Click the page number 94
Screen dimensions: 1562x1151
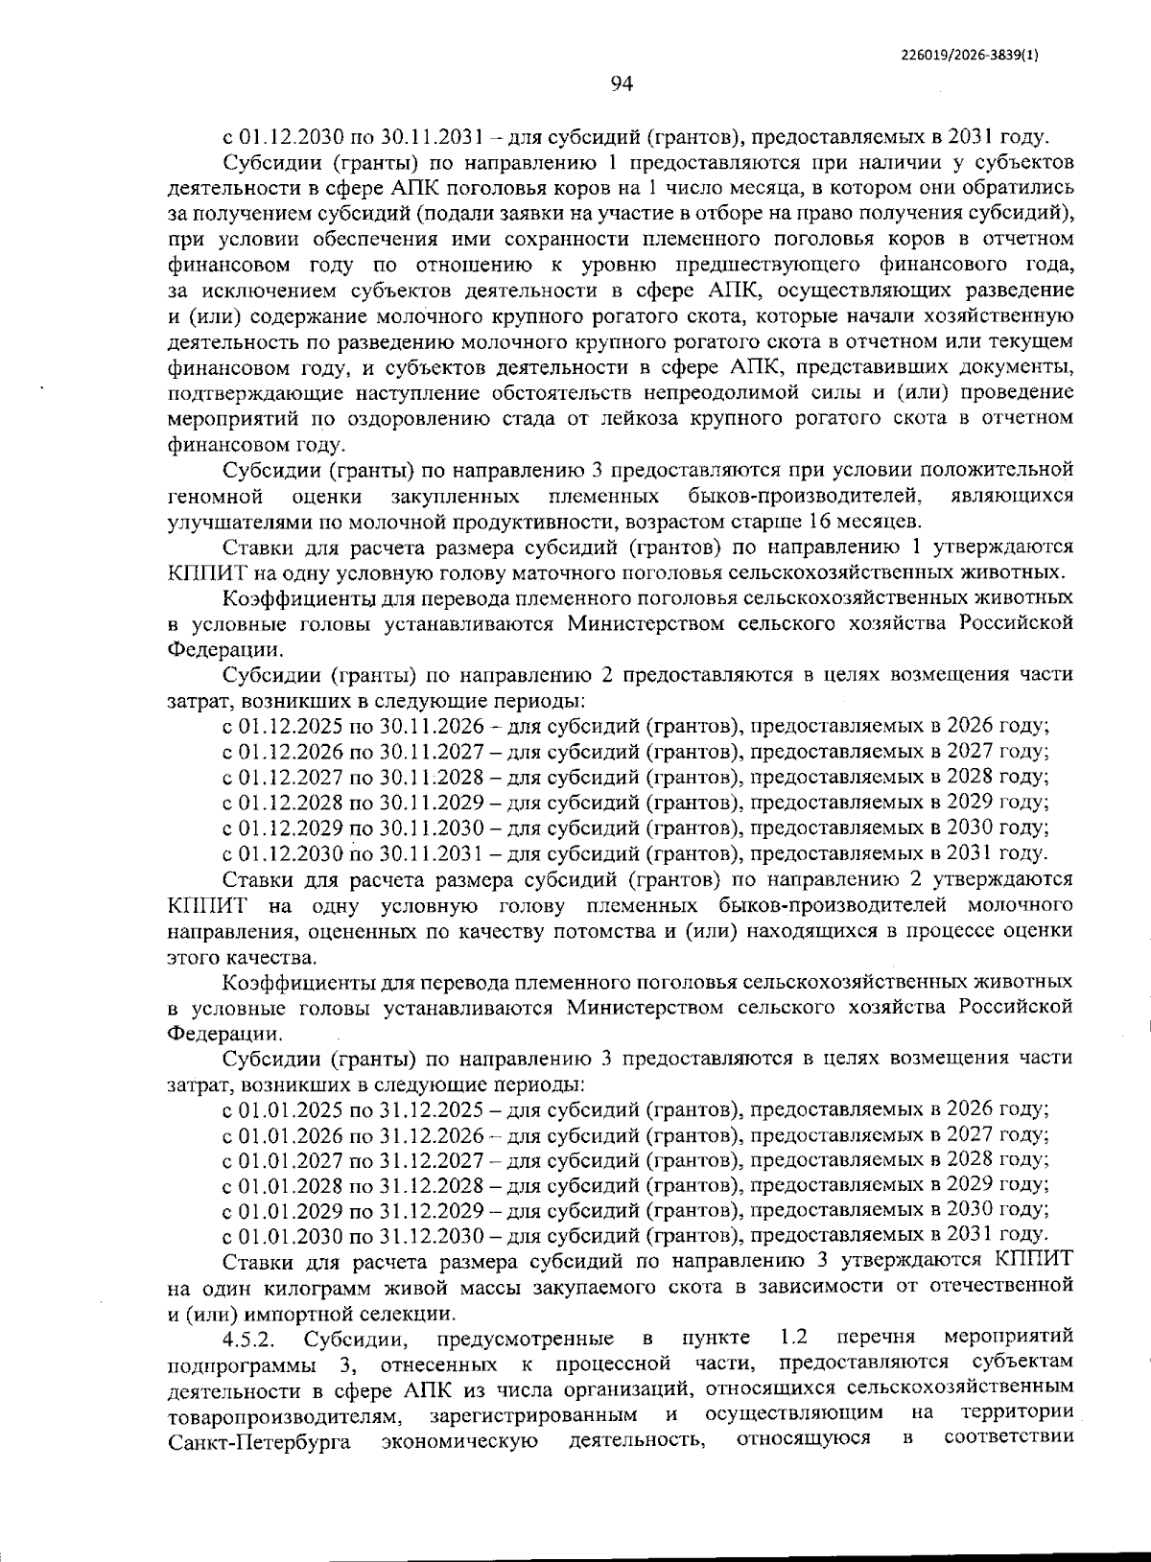(621, 84)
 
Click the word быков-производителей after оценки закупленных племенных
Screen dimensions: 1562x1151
(805, 497)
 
